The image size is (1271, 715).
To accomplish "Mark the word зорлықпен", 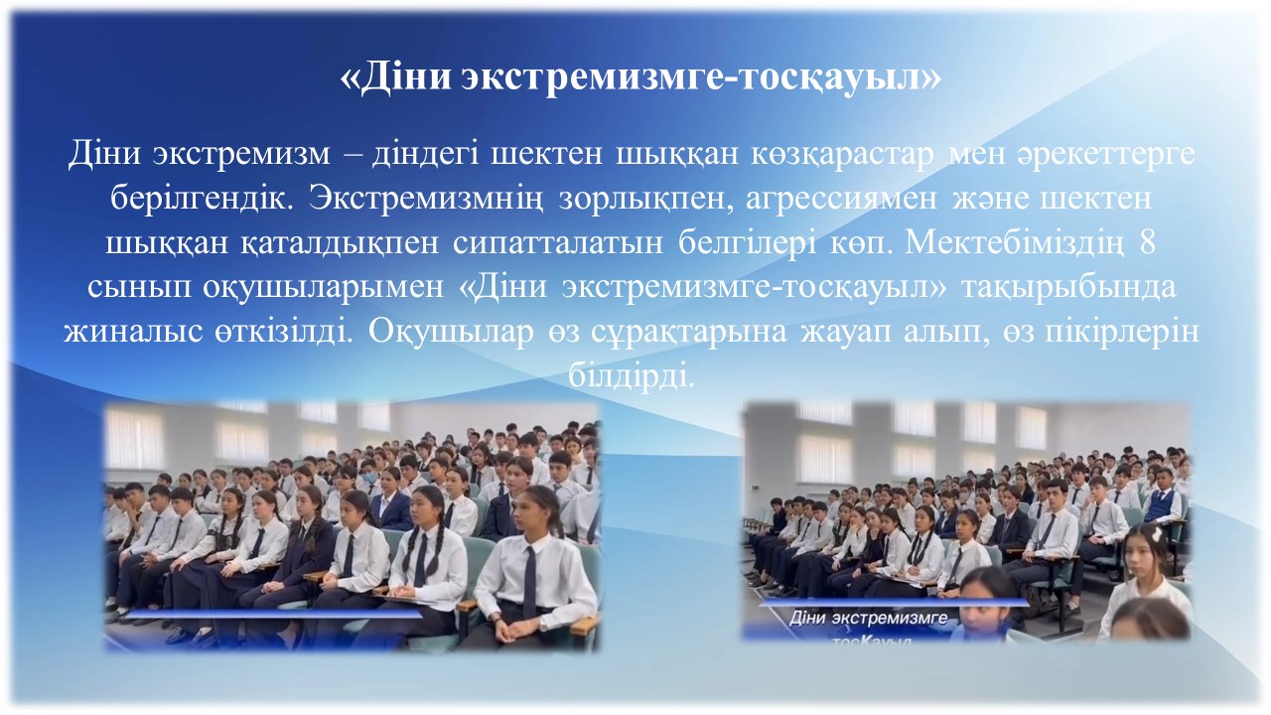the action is point(644,200).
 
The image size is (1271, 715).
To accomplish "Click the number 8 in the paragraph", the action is point(1147,243).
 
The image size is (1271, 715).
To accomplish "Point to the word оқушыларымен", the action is point(324,288).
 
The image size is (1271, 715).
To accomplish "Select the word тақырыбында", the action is point(1068,288).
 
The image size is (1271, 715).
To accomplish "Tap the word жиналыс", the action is point(134,333).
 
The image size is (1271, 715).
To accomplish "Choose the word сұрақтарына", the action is point(688,333).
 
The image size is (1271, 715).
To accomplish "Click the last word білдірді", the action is point(632,376).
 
